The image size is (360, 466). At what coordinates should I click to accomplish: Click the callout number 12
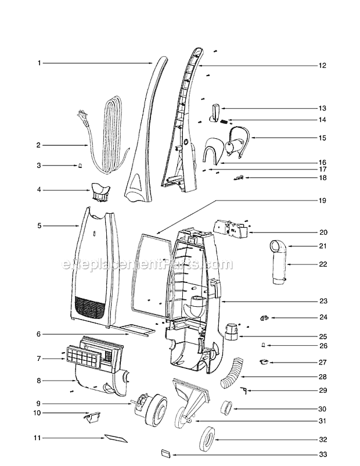pyautogui.click(x=322, y=66)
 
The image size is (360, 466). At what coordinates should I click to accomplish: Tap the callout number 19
pyautogui.click(x=322, y=200)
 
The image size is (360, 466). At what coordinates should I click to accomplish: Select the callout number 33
pyautogui.click(x=323, y=454)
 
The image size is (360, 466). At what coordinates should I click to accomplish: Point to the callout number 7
pyautogui.click(x=39, y=359)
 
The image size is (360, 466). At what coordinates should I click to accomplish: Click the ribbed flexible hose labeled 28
pyautogui.click(x=232, y=374)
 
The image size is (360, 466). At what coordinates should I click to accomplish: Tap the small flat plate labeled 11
pyautogui.click(x=116, y=438)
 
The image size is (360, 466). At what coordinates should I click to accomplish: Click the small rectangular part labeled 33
pyautogui.click(x=166, y=454)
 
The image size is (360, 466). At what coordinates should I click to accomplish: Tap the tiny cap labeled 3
pyautogui.click(x=80, y=166)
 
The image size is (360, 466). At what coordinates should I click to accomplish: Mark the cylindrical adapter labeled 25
pyautogui.click(x=231, y=331)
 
